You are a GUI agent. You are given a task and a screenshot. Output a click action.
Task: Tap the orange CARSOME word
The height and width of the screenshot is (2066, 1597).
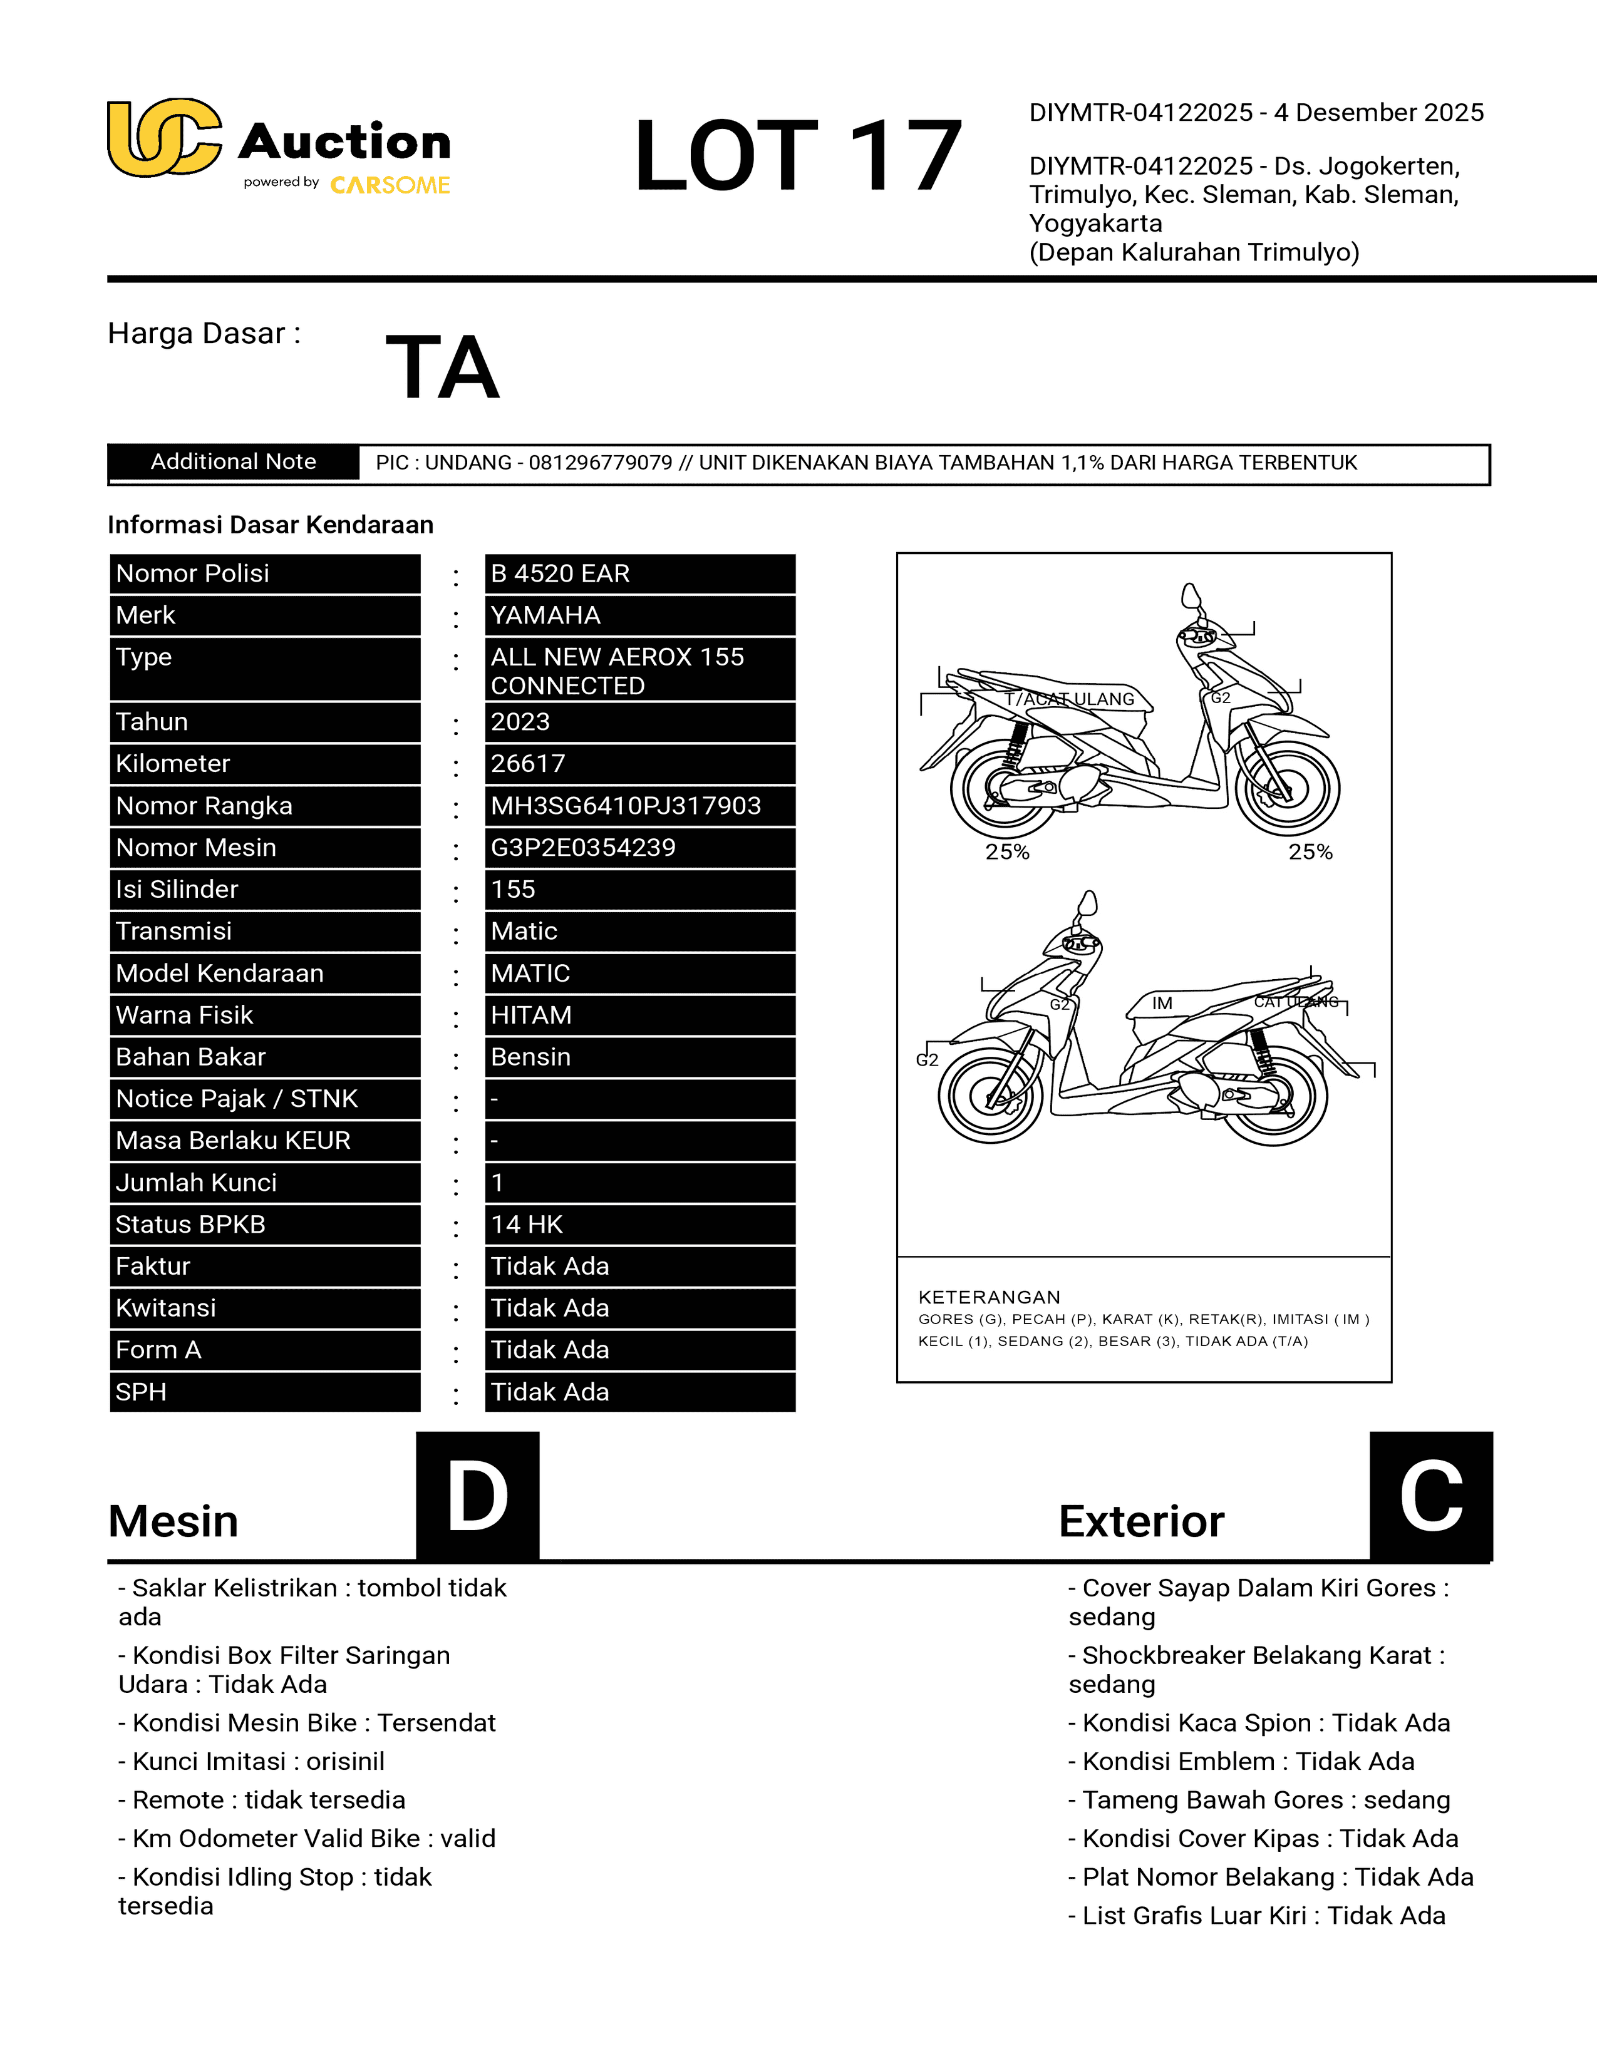[390, 185]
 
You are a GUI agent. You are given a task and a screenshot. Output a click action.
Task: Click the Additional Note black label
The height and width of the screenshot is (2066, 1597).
[234, 461]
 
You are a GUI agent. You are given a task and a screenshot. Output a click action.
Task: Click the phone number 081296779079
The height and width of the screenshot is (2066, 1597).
[600, 463]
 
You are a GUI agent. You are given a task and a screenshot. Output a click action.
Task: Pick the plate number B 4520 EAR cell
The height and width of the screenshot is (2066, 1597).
[639, 573]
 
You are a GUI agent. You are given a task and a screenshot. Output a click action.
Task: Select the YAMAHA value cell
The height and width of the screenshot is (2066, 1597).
[639, 615]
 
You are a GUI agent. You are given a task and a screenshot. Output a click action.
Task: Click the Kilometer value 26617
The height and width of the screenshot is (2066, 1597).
[639, 763]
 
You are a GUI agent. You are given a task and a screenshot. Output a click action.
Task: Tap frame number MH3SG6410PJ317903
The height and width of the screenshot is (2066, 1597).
[639, 805]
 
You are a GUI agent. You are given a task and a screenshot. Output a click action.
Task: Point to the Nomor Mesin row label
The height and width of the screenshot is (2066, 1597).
[265, 848]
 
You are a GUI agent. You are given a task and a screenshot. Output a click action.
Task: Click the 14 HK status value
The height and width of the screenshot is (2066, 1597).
[639, 1224]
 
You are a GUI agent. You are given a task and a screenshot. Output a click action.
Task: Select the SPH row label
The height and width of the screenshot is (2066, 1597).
[265, 1392]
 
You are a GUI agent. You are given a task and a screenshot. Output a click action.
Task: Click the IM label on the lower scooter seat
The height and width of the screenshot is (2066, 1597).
[1162, 1003]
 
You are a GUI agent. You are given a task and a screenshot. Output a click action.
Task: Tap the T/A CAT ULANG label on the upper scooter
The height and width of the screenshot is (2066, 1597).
[1069, 699]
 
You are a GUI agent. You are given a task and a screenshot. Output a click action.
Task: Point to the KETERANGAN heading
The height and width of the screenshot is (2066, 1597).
[989, 1297]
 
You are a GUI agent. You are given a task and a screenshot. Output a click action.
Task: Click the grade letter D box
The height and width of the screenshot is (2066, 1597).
[478, 1496]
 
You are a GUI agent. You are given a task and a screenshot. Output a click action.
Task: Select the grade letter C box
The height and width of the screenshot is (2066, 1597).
[1430, 1496]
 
